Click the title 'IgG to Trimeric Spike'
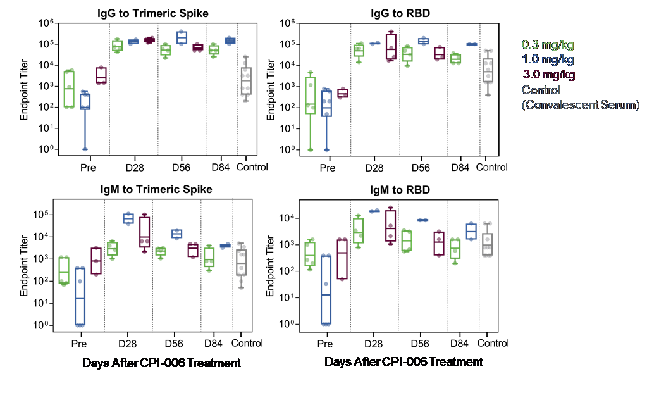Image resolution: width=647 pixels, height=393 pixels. [152, 13]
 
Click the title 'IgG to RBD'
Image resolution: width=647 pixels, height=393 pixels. [400, 13]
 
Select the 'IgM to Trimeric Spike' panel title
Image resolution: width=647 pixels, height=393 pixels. [156, 189]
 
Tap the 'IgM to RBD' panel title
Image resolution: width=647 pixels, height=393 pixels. [400, 190]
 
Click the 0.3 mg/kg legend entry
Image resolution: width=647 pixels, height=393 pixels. [548, 44]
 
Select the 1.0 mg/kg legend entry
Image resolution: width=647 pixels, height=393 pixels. [548, 59]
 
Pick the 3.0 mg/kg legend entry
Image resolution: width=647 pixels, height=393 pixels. [548, 75]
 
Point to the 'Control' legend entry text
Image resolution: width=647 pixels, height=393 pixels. [541, 90]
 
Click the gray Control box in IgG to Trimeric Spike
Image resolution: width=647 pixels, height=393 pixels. [246, 81]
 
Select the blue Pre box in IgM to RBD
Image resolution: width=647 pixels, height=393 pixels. [326, 290]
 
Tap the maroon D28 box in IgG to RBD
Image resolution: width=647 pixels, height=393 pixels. [391, 47]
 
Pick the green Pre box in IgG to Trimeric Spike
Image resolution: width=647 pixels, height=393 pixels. [70, 89]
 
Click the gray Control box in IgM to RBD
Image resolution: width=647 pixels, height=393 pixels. [488, 244]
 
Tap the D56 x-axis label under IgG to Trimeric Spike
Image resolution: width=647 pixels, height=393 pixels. [181, 167]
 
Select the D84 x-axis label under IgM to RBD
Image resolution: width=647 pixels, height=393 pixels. [459, 344]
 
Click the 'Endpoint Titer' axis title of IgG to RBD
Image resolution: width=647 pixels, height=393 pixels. [270, 90]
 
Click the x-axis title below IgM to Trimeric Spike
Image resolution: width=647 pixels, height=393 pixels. [161, 363]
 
